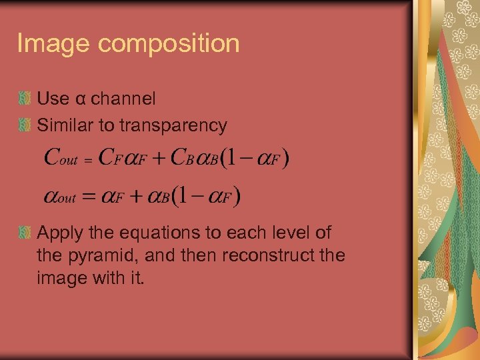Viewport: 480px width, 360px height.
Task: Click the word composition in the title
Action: pos(169,45)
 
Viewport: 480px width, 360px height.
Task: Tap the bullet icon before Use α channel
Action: pos(25,99)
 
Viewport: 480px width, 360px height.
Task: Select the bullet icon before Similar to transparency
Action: pos(25,125)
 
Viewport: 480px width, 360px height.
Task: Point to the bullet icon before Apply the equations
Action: pos(25,233)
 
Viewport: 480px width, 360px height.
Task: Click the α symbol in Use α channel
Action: pos(80,99)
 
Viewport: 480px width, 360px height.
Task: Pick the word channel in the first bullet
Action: pos(123,99)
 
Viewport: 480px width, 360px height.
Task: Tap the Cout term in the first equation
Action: pos(60,159)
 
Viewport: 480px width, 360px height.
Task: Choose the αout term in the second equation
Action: pos(60,197)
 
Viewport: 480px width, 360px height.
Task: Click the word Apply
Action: pos(58,233)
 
